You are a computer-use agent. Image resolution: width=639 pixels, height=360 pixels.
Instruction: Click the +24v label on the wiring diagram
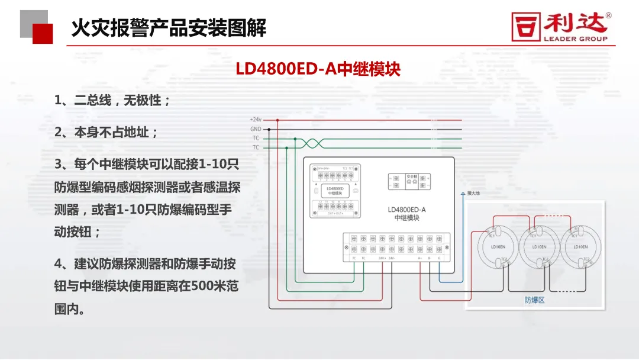pos(256,120)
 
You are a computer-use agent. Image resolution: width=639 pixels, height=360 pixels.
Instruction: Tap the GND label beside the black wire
pos(256,128)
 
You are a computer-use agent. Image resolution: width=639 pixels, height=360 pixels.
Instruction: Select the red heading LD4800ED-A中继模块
pos(318,69)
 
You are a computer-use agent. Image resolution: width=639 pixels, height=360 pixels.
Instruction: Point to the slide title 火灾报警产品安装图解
pos(169,27)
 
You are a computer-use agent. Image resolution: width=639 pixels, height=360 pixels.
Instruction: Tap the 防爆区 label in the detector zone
pos(534,300)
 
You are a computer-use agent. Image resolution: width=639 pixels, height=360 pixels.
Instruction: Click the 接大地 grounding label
pos(474,193)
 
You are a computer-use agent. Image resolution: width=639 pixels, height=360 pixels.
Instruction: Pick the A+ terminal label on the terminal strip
pos(420,258)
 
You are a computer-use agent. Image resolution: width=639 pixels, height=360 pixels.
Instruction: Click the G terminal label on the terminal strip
pos(438,258)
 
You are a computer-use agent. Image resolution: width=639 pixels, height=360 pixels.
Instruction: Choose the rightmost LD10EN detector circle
pos(580,246)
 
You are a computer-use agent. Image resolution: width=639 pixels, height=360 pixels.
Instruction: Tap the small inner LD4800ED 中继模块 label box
pos(335,191)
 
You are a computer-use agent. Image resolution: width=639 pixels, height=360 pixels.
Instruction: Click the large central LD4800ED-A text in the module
pos(406,210)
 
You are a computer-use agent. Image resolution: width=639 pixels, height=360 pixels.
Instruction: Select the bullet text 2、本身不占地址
pos(106,133)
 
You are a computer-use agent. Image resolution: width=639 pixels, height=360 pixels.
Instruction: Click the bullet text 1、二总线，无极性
pos(112,101)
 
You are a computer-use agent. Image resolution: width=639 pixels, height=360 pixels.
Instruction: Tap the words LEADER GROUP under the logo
pos(575,39)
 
